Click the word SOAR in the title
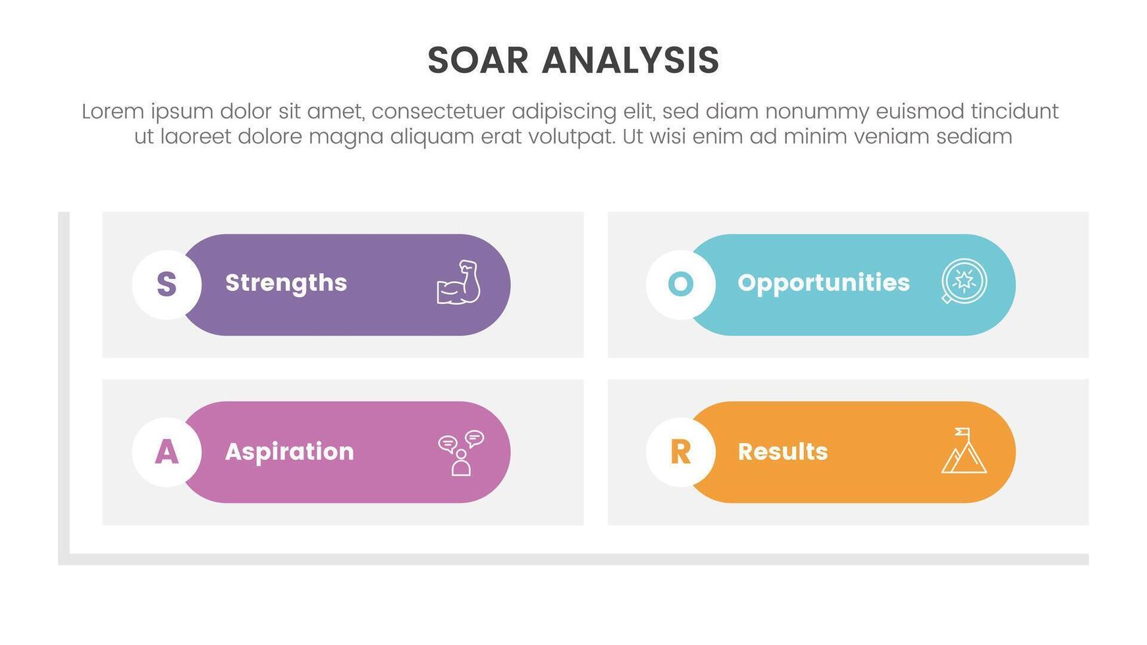tap(477, 61)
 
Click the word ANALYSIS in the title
tap(630, 61)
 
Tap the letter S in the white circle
tap(167, 284)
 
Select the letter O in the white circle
tap(680, 284)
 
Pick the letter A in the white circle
tap(167, 452)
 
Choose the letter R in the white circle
tap(680, 452)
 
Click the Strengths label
tap(286, 283)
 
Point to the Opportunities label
tap(823, 283)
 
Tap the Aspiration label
tap(289, 451)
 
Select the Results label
tap(782, 451)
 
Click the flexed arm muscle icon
tap(459, 283)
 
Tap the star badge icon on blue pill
tap(964, 281)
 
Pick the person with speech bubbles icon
tap(461, 453)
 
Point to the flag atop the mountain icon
tap(963, 432)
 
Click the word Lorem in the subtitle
tap(113, 111)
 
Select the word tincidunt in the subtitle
tap(1015, 111)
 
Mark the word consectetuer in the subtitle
tap(438, 111)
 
